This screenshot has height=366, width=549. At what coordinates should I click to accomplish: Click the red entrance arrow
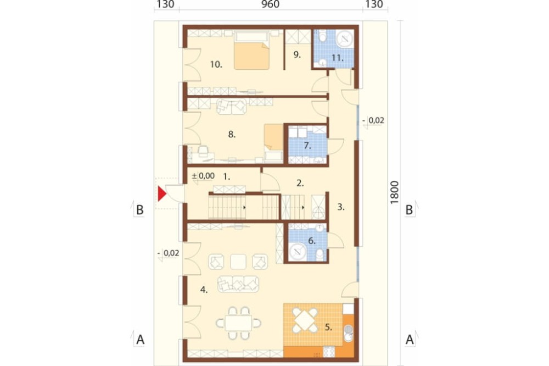coord(161,194)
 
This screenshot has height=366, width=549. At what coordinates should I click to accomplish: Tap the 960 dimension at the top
coord(271,4)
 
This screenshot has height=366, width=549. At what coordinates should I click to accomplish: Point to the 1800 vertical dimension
coord(395,192)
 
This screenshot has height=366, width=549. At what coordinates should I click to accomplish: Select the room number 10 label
coord(216,64)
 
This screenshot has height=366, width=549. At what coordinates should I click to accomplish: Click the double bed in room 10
coord(252,50)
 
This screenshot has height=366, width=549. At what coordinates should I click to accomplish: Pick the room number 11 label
coord(338,58)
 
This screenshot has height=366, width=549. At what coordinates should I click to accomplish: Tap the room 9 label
coord(297,55)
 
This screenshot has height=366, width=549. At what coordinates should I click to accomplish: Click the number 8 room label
coord(232,134)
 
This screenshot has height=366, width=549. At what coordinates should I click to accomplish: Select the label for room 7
coord(307,146)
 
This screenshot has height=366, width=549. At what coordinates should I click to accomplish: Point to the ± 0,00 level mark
coord(203,176)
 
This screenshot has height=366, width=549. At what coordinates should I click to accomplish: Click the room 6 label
coord(312,241)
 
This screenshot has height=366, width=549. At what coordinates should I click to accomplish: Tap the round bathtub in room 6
coord(298,251)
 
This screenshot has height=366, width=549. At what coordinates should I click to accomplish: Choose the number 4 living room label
coord(204,290)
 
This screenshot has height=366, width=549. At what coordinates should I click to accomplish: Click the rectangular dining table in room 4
coord(238,323)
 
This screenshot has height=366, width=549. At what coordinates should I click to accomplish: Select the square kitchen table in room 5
coord(305,320)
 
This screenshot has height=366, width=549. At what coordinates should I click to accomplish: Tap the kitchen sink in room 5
coord(348,333)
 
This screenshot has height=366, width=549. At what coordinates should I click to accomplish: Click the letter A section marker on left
coord(140,340)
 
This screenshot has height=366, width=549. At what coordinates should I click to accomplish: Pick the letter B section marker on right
coord(409,209)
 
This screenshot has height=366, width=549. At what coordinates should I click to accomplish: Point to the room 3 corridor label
coord(341,207)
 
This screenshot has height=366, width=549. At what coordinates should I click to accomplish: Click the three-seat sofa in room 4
coord(238,284)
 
